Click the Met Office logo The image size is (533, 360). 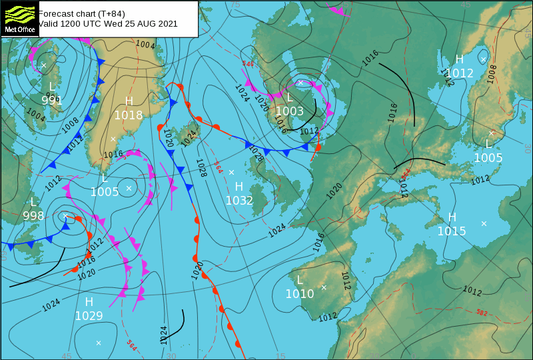click(19, 18)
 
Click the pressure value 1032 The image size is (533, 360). click(239, 200)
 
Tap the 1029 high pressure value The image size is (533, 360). click(89, 316)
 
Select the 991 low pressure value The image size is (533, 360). click(52, 101)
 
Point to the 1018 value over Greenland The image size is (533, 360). click(129, 115)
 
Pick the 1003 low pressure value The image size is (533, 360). click(290, 111)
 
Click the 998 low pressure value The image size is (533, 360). click(33, 216)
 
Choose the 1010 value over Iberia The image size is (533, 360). click(300, 294)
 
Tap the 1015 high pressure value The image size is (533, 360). click(452, 231)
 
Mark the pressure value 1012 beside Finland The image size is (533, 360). click(460, 73)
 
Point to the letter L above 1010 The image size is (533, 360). click(300, 280)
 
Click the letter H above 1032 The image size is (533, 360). click(239, 186)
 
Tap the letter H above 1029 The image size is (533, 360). click(89, 302)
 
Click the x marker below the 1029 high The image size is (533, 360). click(99, 343)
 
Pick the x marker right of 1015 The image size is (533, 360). click(484, 223)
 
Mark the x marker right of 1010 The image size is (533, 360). click(324, 287)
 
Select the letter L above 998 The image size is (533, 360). click(33, 202)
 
